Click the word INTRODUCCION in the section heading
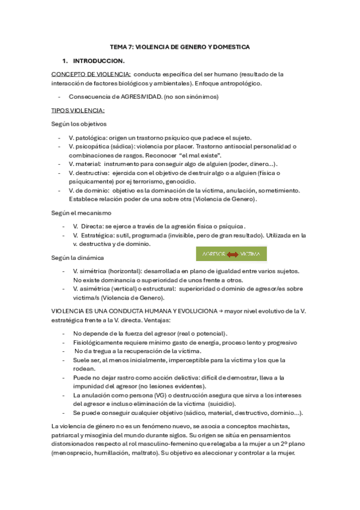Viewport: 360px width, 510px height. click(99, 61)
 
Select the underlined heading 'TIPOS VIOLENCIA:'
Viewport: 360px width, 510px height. click(78, 110)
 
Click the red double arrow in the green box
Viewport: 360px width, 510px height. click(232, 254)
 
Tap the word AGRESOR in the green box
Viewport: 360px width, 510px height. click(213, 254)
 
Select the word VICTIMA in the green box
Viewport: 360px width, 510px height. click(249, 254)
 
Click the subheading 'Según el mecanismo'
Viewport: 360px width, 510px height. click(81, 212)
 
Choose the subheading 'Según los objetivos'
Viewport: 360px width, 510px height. click(79, 124)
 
